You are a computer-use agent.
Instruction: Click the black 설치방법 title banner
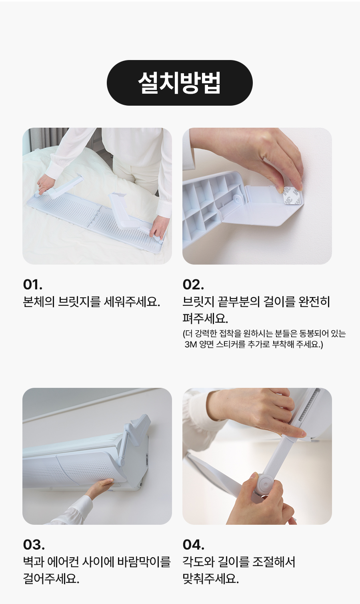point(180,82)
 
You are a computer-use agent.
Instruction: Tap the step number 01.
point(33,285)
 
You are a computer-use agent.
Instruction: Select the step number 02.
point(193,285)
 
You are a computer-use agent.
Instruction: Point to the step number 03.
point(34,544)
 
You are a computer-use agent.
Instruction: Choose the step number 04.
point(194,544)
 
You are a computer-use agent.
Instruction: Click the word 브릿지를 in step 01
point(79,302)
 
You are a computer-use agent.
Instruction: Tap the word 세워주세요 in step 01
point(132,302)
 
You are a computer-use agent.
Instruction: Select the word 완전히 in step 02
point(314,302)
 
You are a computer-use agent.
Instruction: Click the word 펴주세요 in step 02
point(205,319)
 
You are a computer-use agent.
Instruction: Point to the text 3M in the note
point(191,344)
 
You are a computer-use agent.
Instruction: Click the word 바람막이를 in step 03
point(144,562)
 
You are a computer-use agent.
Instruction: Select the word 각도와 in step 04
point(198,562)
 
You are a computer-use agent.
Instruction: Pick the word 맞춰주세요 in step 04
point(211,579)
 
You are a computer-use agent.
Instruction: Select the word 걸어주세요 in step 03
point(51,579)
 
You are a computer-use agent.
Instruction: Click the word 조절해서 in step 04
point(274,562)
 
